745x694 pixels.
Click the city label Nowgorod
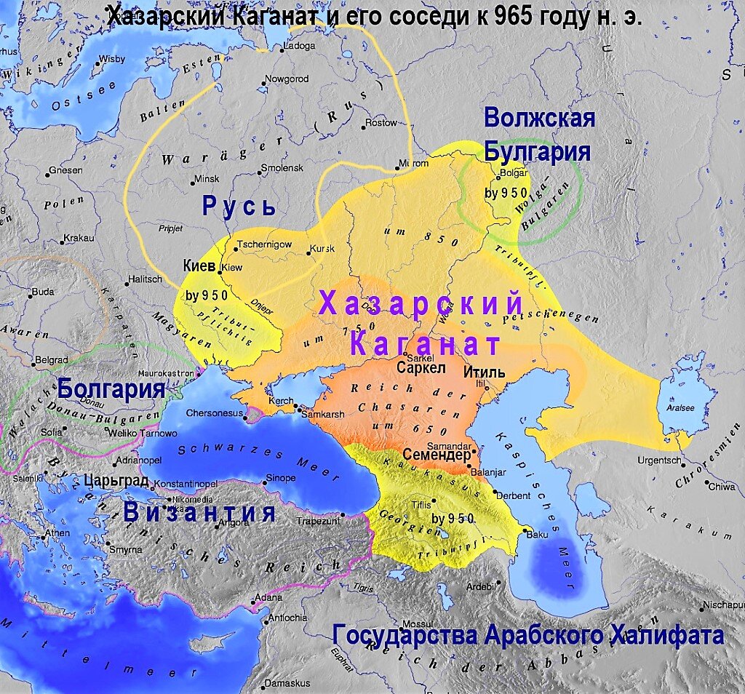pyautogui.click(x=287, y=79)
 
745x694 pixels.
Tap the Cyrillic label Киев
pyautogui.click(x=200, y=266)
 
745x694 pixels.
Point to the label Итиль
pyautogui.click(x=483, y=372)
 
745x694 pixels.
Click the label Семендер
pyautogui.click(x=435, y=455)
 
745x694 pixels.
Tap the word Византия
pyautogui.click(x=199, y=512)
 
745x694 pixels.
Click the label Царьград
pyautogui.click(x=116, y=481)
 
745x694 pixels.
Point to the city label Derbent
pyautogui.click(x=514, y=495)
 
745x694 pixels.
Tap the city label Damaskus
pyautogui.click(x=287, y=683)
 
